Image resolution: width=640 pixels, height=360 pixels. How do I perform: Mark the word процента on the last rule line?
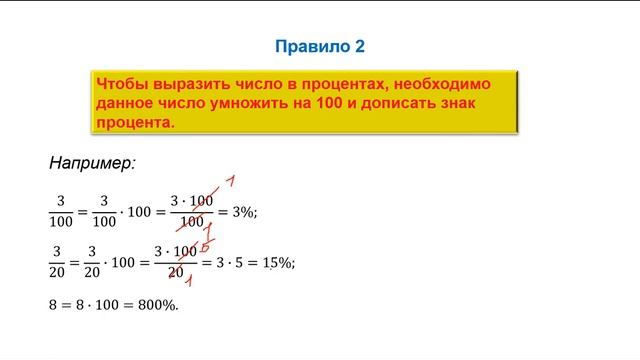[134, 123]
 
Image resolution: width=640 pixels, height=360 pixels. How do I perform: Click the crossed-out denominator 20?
[176, 272]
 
